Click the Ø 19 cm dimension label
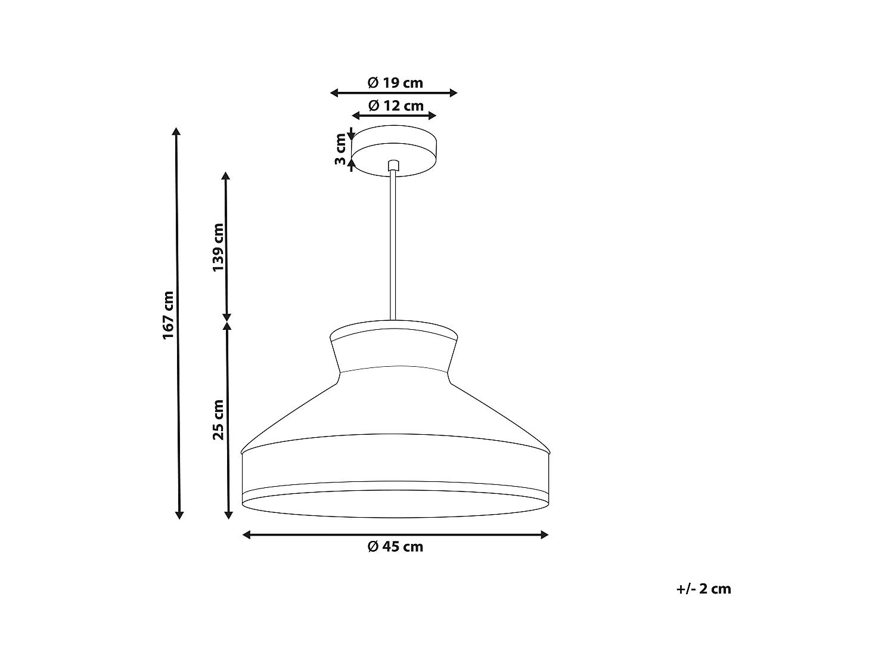[x=395, y=83]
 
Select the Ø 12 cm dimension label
[x=395, y=106]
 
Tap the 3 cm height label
[x=340, y=149]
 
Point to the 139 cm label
[x=218, y=248]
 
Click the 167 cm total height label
[x=169, y=316]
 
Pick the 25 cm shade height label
[x=218, y=420]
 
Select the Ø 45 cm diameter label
[x=395, y=546]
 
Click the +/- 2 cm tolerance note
[x=703, y=589]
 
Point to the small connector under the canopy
[x=392, y=165]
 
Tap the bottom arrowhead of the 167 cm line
[x=179, y=514]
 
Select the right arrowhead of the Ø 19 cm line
[x=454, y=92]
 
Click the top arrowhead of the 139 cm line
[x=225, y=176]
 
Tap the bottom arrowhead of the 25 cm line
[x=228, y=514]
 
